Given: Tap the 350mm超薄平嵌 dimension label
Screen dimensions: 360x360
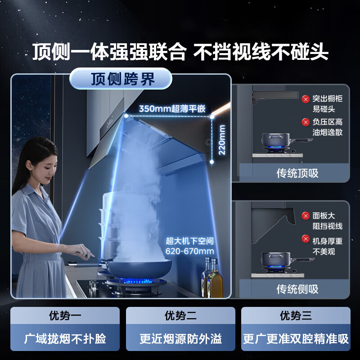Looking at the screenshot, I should click(172, 108).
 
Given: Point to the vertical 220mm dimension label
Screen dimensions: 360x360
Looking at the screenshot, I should click(222, 139).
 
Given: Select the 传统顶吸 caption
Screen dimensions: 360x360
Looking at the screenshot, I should click(297, 173).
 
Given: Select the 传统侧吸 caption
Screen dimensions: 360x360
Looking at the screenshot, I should click(297, 288).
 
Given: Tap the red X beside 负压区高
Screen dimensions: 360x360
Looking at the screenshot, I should click(306, 122).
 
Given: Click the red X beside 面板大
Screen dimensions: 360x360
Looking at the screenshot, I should click(306, 216).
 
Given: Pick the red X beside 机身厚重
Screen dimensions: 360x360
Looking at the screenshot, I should click(306, 239).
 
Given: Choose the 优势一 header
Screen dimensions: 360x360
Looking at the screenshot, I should click(65, 315).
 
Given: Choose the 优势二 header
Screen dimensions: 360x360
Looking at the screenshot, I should click(180, 315).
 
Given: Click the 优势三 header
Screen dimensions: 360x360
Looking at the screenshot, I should click(296, 315).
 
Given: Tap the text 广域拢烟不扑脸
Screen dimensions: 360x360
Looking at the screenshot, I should click(65, 338).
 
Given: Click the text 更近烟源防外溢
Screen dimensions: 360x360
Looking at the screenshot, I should click(180, 338).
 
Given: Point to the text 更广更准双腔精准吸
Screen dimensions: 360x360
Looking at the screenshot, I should click(296, 338).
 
